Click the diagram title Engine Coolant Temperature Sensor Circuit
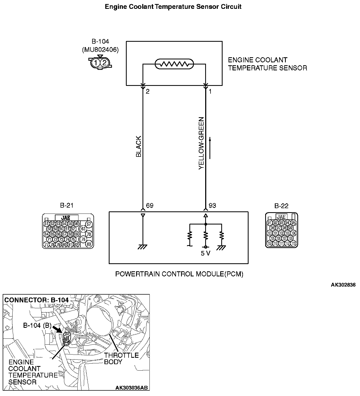tap(173, 7)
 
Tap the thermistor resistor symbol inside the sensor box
tap(174, 64)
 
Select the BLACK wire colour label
tap(138, 147)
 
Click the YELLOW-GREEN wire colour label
tap(201, 143)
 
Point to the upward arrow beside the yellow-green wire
tap(210, 148)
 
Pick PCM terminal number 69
tap(150, 205)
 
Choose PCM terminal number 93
tap(212, 205)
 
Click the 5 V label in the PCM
tap(205, 253)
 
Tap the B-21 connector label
tap(67, 205)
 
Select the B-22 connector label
tap(281, 206)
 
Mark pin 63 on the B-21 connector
tap(83, 229)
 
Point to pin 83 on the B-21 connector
tap(89, 244)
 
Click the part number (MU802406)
tap(100, 49)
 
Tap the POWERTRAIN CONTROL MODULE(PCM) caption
tap(179, 274)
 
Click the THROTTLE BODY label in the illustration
tap(121, 359)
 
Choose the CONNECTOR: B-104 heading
tap(36, 300)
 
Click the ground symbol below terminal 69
tap(142, 246)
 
